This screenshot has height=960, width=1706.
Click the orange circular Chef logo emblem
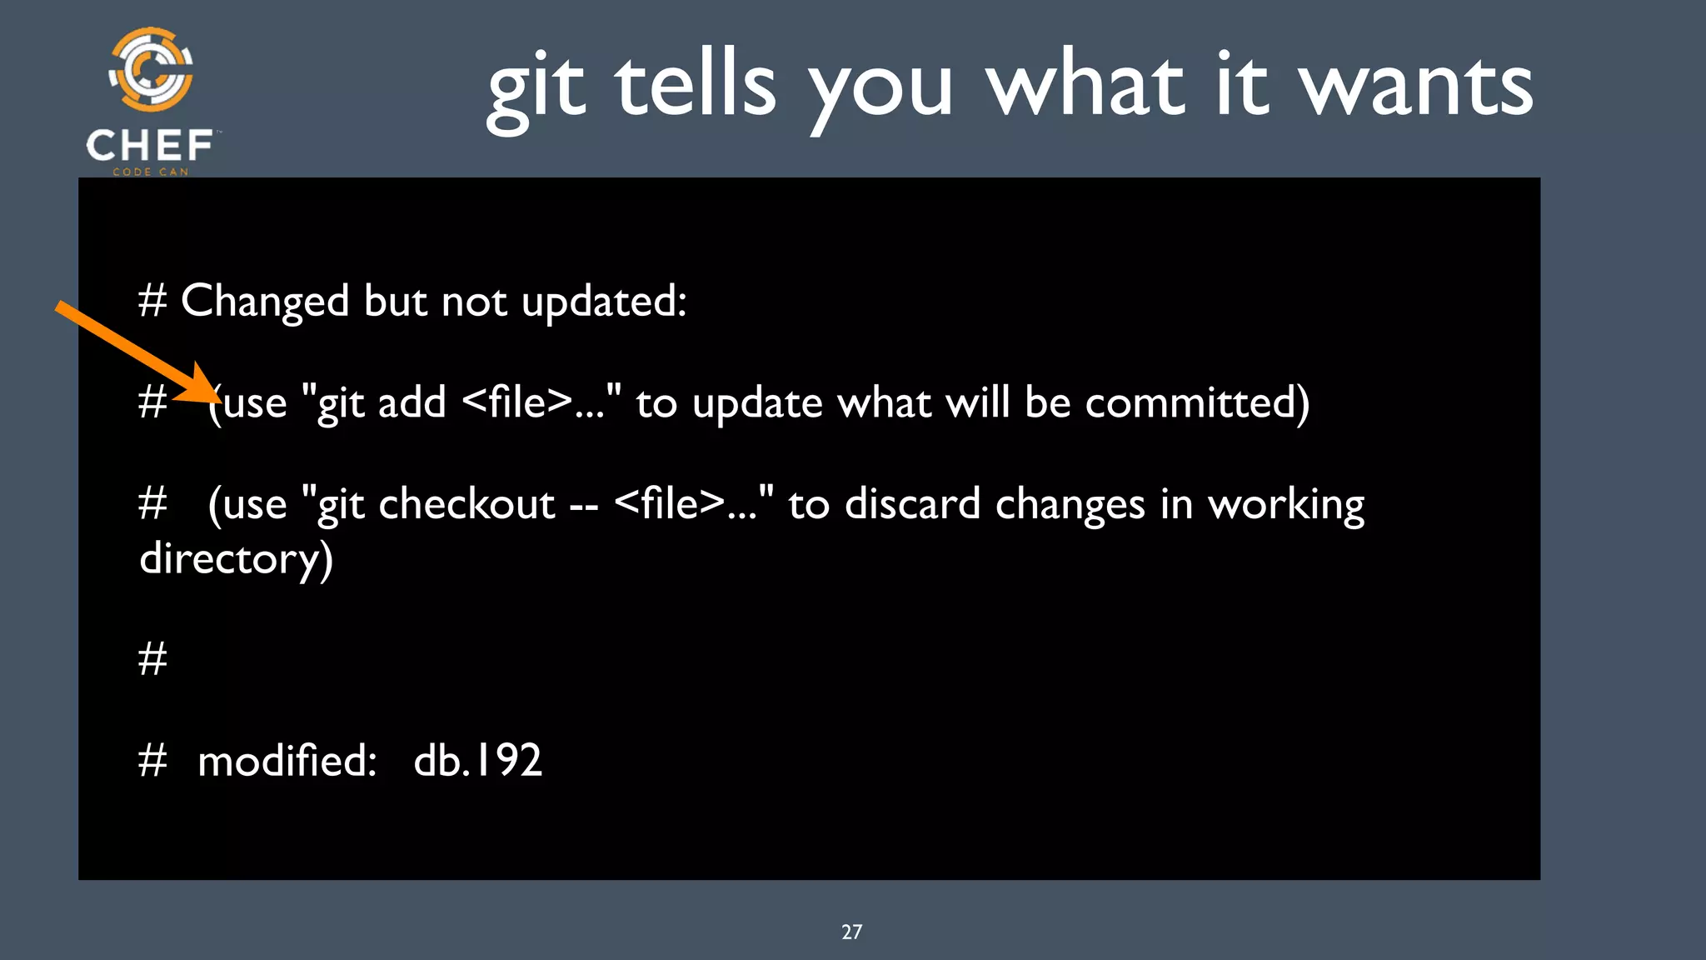(x=151, y=70)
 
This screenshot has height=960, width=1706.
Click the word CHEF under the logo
(x=150, y=146)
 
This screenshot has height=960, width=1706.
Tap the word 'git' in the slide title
(x=536, y=87)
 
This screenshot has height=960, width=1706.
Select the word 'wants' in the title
(x=1416, y=87)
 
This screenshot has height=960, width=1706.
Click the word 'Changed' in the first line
(x=265, y=302)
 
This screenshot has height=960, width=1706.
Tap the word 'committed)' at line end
(x=1197, y=403)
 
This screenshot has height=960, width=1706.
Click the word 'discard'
(x=912, y=504)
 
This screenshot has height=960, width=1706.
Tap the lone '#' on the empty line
(x=152, y=659)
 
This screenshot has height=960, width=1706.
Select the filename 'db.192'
(x=477, y=761)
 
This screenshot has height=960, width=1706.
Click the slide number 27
(x=851, y=932)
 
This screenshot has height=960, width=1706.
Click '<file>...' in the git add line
(x=531, y=402)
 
